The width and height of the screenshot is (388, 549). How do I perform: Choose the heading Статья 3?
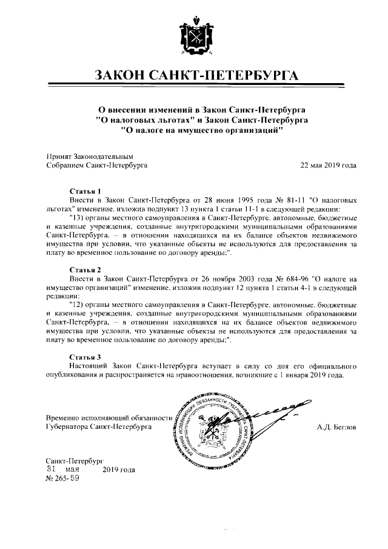(85, 357)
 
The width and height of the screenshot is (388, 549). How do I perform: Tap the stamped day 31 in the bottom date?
(53, 469)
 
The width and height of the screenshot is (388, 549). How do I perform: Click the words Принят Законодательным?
(89, 156)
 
